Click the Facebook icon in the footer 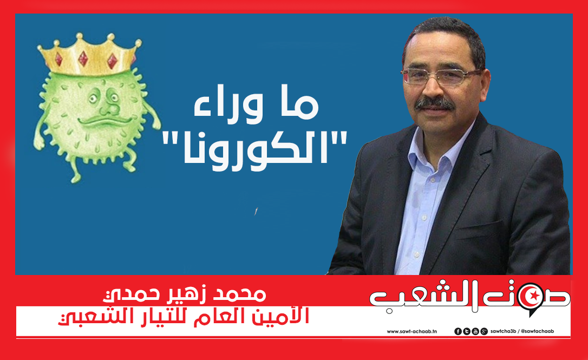(x=458, y=331)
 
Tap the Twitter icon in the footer (x=467, y=331)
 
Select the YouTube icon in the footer (x=475, y=331)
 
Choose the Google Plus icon (x=484, y=331)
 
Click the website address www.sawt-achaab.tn (x=411, y=331)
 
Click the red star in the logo (x=535, y=296)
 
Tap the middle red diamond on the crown (x=83, y=58)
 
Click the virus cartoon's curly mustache (x=104, y=120)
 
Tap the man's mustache (x=435, y=103)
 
